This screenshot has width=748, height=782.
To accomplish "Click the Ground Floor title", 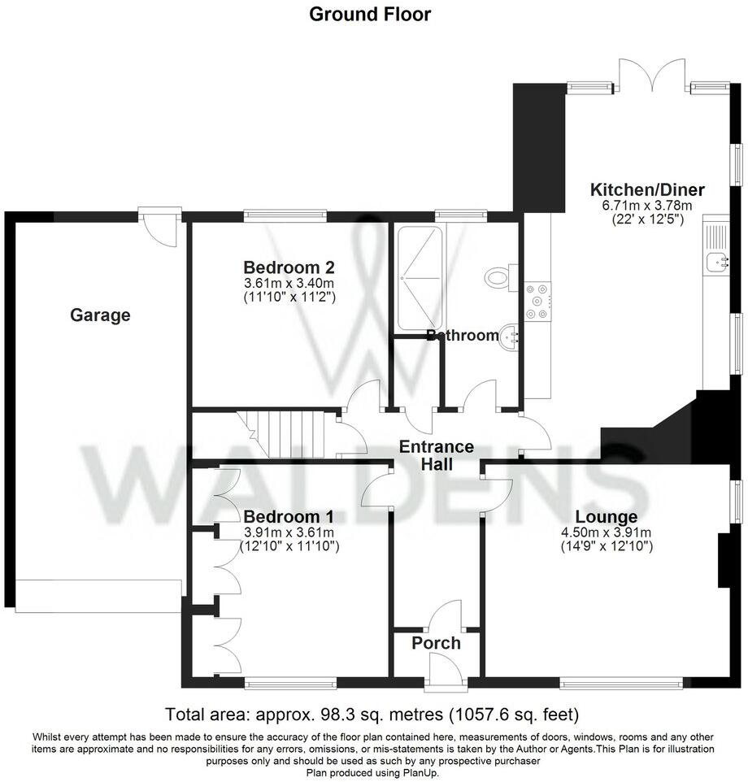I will point(370,14).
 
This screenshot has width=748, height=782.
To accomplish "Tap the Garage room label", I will point(100,315).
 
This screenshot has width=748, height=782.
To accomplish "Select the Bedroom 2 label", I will point(289,267).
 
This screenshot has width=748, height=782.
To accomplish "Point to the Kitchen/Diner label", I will point(646,190).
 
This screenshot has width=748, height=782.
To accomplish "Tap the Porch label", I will point(436,643).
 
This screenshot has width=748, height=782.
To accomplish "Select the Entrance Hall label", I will point(436,455).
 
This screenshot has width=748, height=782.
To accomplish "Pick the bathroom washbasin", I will point(511,334).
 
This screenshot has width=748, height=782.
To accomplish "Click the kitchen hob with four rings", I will point(537,300).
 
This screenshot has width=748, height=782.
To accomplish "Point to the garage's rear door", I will point(159,225).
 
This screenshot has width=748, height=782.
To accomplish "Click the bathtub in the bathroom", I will point(420,277).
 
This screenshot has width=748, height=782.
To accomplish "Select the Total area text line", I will point(372,715).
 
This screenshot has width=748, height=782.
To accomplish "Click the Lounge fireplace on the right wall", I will point(723,561).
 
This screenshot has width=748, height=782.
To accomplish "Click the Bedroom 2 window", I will point(286,215).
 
